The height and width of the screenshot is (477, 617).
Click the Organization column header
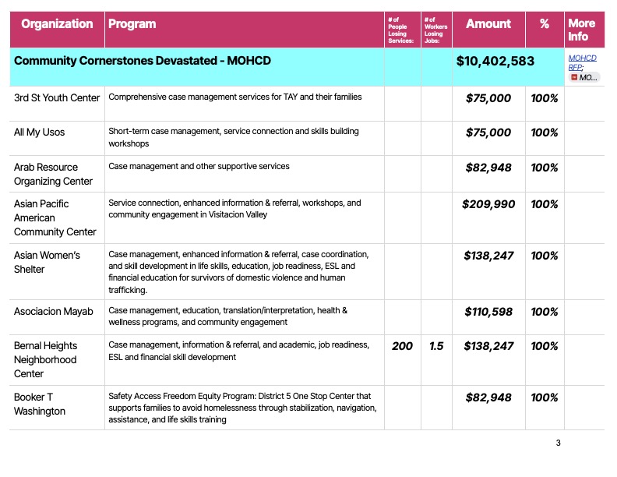(x=57, y=24)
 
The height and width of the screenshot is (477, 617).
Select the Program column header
(x=132, y=24)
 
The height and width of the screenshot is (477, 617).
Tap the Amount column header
(x=488, y=24)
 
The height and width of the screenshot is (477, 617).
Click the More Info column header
(x=581, y=30)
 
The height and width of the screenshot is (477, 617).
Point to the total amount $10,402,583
(x=495, y=61)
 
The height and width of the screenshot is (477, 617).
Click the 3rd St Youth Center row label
(x=57, y=97)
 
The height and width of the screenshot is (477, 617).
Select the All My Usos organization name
(x=40, y=132)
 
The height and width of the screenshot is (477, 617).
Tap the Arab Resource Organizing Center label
(x=53, y=174)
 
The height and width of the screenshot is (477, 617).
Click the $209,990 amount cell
(x=488, y=204)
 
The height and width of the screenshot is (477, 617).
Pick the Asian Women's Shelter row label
(x=47, y=262)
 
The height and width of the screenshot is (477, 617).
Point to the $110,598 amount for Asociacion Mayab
(x=488, y=312)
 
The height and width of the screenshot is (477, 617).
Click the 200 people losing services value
(x=402, y=346)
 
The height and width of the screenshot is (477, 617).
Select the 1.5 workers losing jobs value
(x=436, y=346)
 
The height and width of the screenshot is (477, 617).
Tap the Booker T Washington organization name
(x=40, y=404)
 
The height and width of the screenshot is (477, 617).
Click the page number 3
(x=558, y=443)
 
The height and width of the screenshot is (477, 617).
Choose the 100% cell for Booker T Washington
(x=545, y=397)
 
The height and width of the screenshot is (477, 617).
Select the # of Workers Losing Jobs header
(x=434, y=29)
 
